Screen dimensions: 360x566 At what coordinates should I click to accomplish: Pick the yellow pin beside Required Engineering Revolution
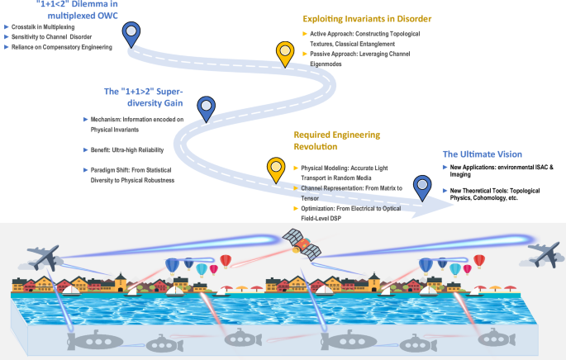pos(276,167)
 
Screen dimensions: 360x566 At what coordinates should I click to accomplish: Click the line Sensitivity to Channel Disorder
pos(52,38)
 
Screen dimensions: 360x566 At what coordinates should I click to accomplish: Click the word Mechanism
pos(112,120)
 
